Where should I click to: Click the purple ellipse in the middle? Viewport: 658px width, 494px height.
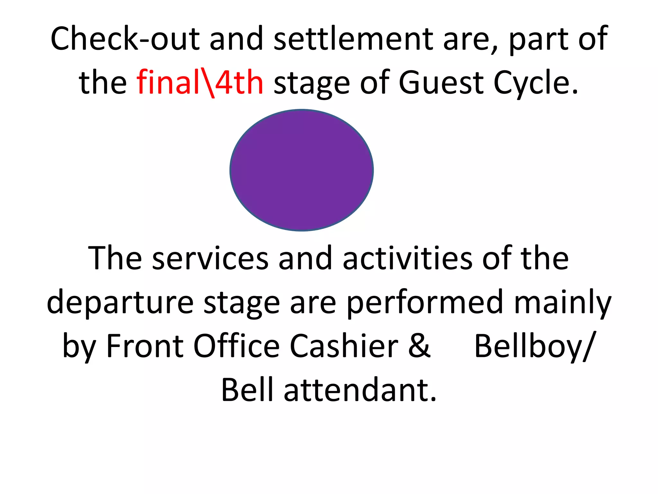301,170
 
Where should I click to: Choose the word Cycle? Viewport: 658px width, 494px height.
535,83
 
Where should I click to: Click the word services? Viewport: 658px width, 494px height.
210,258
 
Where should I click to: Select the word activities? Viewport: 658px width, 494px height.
407,258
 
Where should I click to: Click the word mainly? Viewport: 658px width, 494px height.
563,302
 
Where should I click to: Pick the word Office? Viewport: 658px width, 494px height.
236,346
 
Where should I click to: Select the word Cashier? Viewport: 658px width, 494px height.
344,346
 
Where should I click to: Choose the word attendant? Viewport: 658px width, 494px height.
360,390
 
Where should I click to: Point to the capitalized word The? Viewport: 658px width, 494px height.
115,258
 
